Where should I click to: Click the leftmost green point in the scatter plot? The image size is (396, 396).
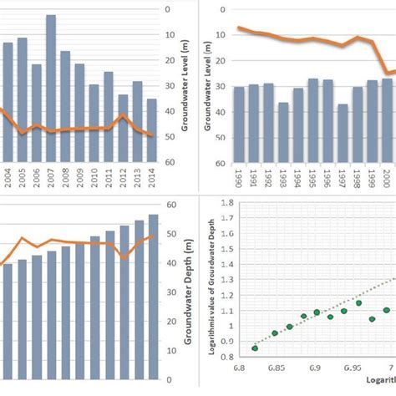256,348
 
